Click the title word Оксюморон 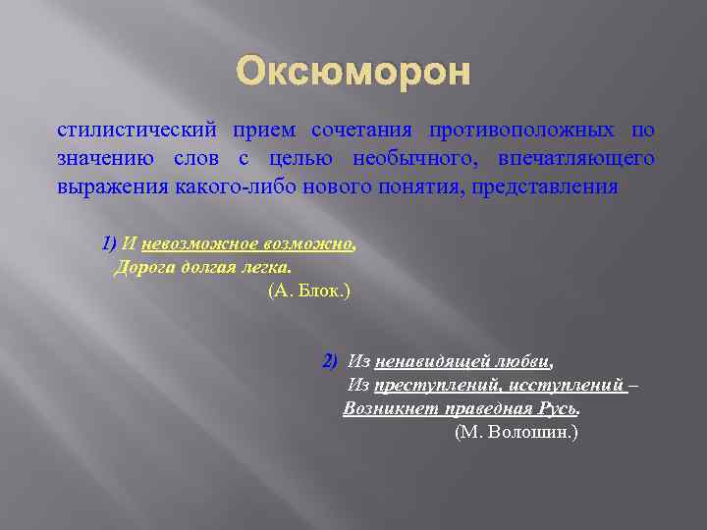point(353,72)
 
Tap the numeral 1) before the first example point(108,243)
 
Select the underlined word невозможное point(194,243)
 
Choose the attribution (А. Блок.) point(308,291)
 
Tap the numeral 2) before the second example point(330,360)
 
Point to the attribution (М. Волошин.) point(517,432)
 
